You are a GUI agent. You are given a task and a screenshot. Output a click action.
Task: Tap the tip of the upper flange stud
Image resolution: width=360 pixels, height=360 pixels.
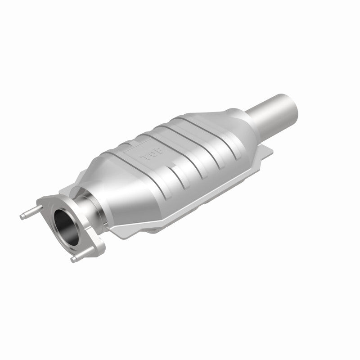pos(22,216)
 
